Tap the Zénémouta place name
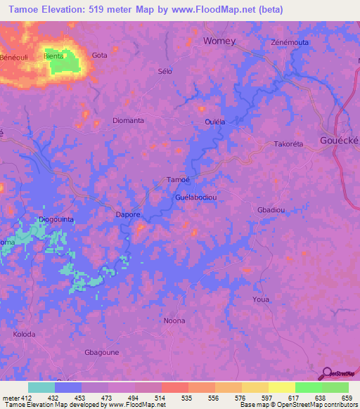[290, 42]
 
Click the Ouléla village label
[214, 122]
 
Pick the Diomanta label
[129, 120]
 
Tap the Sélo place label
[165, 71]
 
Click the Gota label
[100, 55]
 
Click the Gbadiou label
[271, 210]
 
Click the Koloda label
[24, 334]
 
